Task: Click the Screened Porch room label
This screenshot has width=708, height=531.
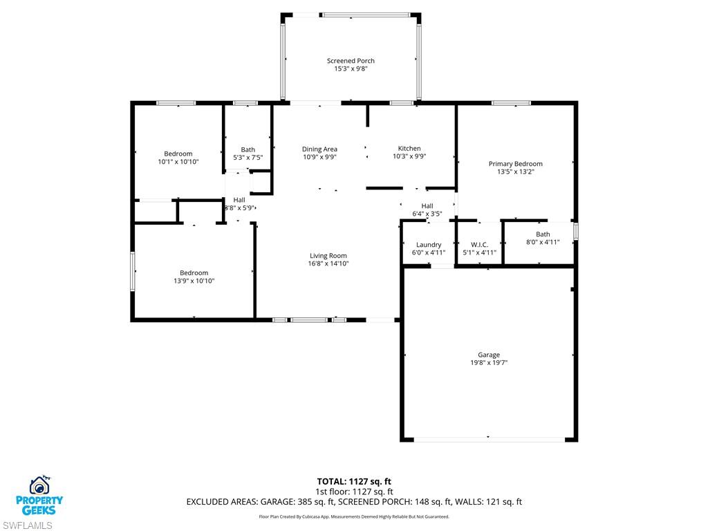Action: point(351,61)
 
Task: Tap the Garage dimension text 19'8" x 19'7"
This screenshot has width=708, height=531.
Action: point(488,363)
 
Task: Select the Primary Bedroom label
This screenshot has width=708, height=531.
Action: point(515,164)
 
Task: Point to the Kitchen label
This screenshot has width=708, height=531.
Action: point(409,149)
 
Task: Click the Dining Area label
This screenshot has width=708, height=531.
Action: point(319,149)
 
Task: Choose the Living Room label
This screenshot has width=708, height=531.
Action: point(328,256)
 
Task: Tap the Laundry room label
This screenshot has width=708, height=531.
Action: point(429,245)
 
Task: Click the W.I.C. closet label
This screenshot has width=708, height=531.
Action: point(479,245)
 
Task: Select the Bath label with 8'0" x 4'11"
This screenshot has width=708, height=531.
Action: point(543,234)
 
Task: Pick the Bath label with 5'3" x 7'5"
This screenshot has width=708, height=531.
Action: point(248,149)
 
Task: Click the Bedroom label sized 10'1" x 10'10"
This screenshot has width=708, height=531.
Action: point(178,153)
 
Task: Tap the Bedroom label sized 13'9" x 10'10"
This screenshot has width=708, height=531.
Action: point(194,273)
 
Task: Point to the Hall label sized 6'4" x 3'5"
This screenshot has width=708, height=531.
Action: point(427,206)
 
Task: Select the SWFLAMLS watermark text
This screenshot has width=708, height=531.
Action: point(27,525)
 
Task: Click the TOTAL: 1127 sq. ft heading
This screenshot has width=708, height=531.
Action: point(354,481)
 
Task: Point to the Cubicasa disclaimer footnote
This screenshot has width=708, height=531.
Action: point(354,516)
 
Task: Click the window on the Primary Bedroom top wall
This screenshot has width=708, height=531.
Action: point(511,103)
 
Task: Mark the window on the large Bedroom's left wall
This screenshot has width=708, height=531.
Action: point(133,271)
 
